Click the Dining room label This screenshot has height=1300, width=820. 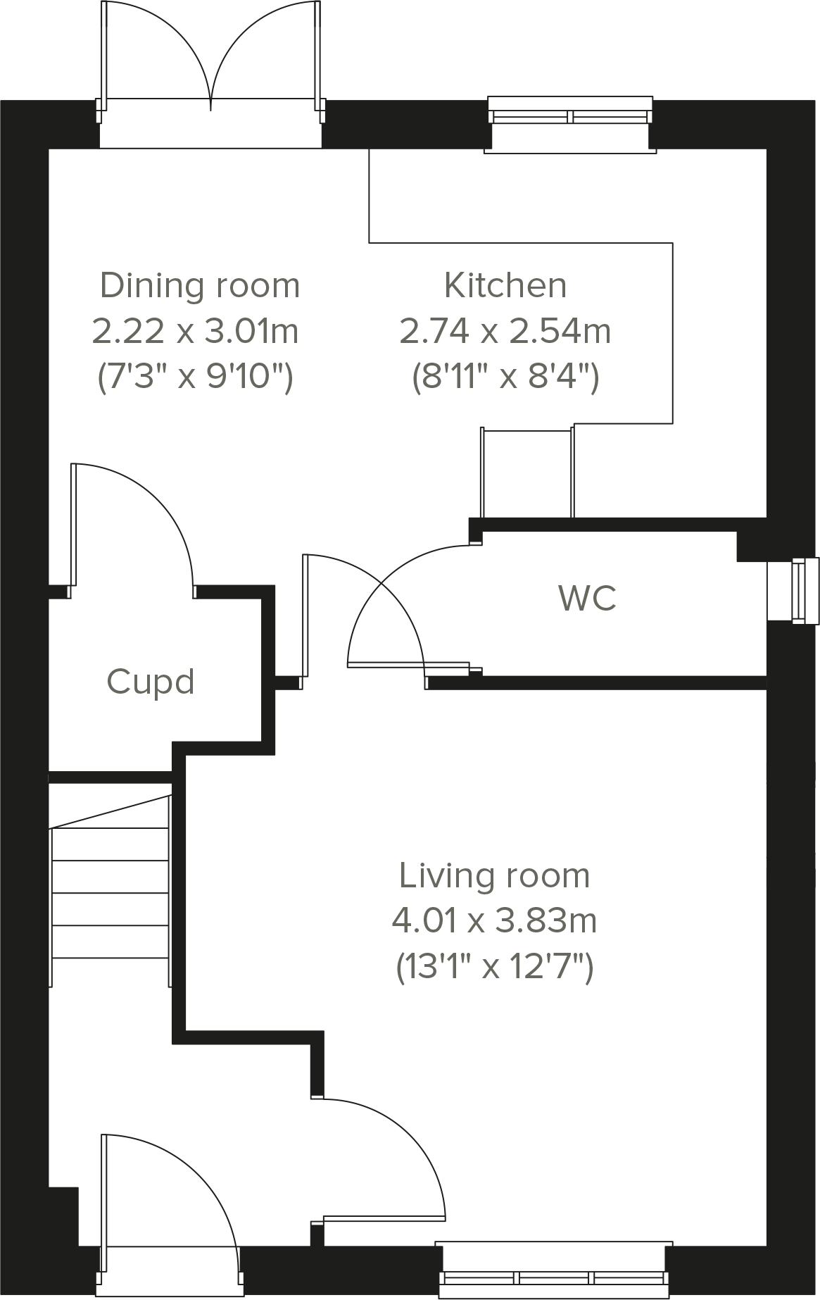(x=200, y=285)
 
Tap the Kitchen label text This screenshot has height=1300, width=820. (x=505, y=285)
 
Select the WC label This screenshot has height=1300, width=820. (x=588, y=598)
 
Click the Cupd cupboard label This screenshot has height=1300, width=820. (x=151, y=682)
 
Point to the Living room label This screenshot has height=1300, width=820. (x=494, y=875)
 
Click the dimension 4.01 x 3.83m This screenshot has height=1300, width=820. (x=494, y=920)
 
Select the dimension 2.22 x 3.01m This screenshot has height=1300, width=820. (x=195, y=331)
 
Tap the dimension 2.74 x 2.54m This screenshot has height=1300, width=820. (x=505, y=331)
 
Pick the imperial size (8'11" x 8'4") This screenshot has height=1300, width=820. (x=505, y=377)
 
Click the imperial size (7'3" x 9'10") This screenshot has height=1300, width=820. (x=195, y=377)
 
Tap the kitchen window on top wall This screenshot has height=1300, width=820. (x=569, y=117)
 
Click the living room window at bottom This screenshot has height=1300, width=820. (x=554, y=1277)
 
